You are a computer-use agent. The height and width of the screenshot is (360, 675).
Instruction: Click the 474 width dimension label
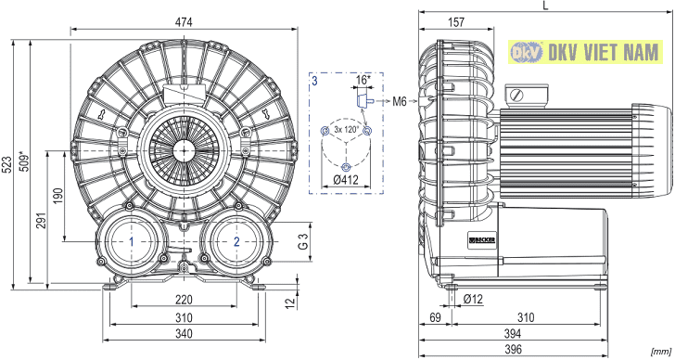click(x=184, y=22)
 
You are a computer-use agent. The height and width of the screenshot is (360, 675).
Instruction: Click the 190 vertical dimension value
click(x=58, y=196)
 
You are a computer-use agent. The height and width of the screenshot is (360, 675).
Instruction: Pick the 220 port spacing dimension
click(x=184, y=300)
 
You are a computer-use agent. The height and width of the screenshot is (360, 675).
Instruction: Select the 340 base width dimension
click(x=184, y=334)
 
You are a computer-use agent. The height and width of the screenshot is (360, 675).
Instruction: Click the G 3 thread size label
click(x=303, y=241)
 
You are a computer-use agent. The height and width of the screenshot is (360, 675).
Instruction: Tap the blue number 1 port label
click(x=132, y=241)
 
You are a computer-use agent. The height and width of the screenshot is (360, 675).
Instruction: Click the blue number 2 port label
click(x=236, y=241)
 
